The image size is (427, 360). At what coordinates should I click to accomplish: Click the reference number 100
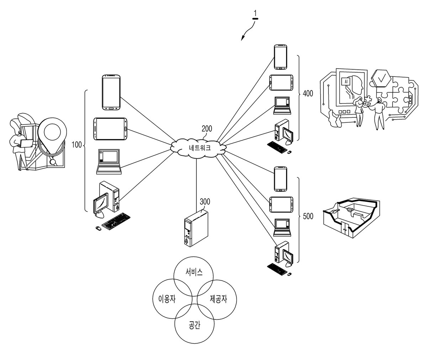pyautogui.click(x=77, y=145)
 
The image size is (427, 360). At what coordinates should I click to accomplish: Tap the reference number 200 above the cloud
pyautogui.click(x=207, y=128)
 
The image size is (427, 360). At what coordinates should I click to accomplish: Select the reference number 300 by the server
pyautogui.click(x=205, y=202)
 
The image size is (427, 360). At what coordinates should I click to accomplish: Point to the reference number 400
pyautogui.click(x=308, y=94)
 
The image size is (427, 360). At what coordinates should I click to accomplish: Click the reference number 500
pyautogui.click(x=308, y=216)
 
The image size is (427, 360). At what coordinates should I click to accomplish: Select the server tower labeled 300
pyautogui.click(x=196, y=228)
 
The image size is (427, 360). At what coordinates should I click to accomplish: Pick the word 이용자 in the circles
pyautogui.click(x=167, y=299)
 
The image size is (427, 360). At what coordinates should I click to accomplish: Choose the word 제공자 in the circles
pyautogui.click(x=218, y=299)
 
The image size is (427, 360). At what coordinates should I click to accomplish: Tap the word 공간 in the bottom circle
pyautogui.click(x=194, y=325)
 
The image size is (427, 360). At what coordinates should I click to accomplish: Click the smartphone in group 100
pyautogui.click(x=111, y=92)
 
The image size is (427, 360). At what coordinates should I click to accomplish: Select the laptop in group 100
pyautogui.click(x=109, y=162)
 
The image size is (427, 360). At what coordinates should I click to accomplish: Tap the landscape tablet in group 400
pyautogui.click(x=281, y=83)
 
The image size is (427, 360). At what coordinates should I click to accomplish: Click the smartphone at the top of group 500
pyautogui.click(x=280, y=179)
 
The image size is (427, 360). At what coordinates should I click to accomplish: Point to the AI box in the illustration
pyautogui.click(x=346, y=82)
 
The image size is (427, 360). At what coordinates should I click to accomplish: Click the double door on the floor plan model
pyautogui.click(x=344, y=229)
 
